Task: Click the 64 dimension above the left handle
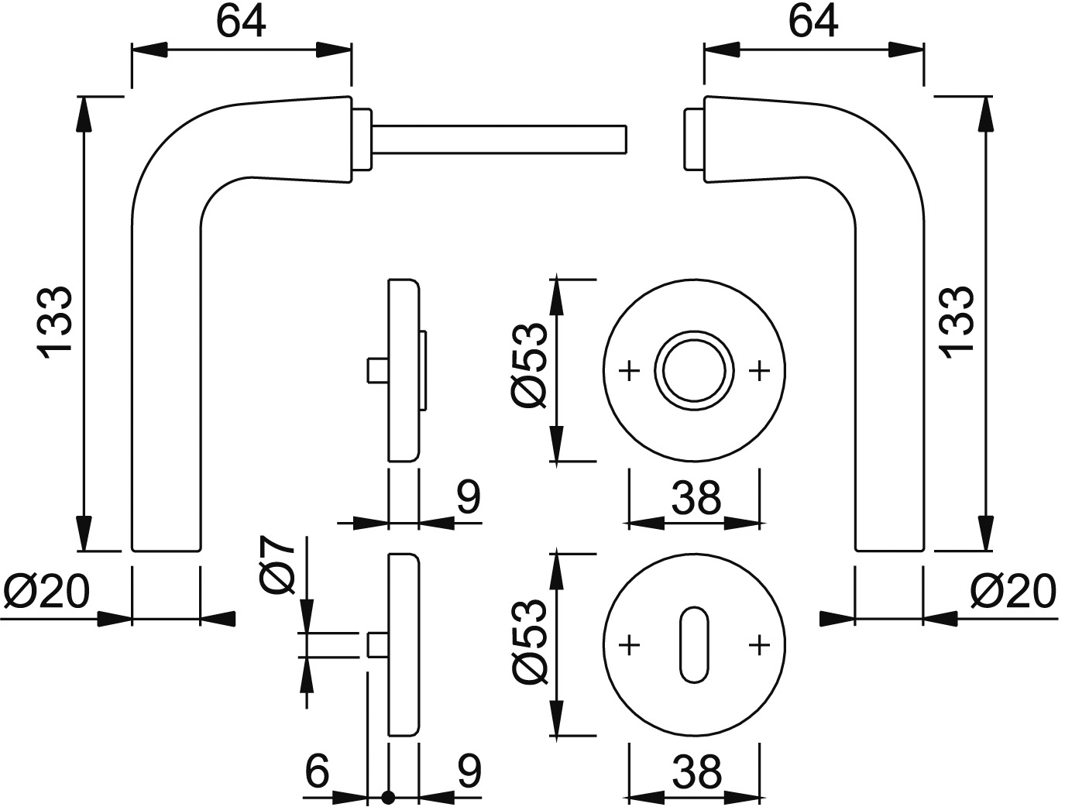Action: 241,21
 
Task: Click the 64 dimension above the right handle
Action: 813,21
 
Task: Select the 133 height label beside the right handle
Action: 956,322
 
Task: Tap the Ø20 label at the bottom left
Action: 46,593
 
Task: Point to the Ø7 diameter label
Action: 278,566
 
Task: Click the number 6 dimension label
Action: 318,771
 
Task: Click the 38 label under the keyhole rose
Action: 696,772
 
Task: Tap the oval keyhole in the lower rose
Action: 695,645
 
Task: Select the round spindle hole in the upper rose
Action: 694,370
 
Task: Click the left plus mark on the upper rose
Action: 630,371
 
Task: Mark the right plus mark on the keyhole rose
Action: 760,644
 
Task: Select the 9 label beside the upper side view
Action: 468,498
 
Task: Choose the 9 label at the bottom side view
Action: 468,771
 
